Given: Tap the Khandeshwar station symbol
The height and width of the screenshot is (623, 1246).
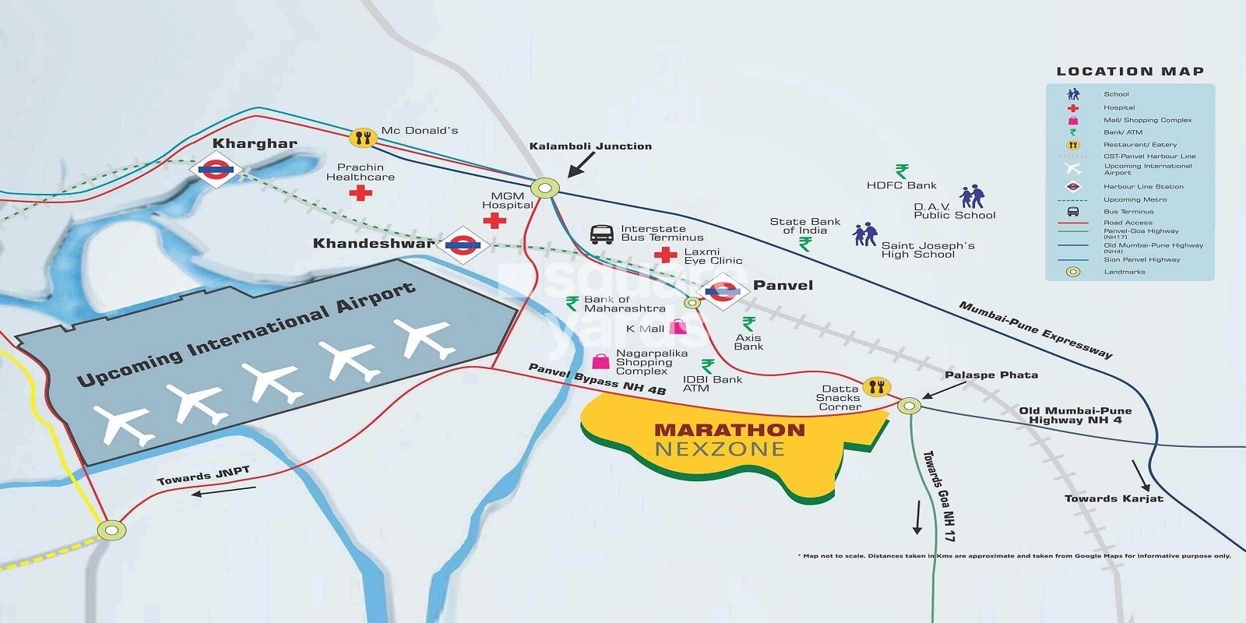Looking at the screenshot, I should [x=463, y=246].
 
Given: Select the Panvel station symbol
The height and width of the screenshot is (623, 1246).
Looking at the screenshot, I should [x=722, y=292].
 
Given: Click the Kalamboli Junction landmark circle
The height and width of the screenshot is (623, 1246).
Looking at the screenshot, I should [x=545, y=188].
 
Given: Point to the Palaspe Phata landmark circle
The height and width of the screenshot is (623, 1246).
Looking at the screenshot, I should [x=909, y=406].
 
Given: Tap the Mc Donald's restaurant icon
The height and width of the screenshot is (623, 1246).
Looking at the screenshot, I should [x=362, y=139].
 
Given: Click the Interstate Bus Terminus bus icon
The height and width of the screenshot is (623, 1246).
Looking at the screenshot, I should [x=602, y=234].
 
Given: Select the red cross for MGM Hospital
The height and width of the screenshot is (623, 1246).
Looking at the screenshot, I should [x=495, y=220].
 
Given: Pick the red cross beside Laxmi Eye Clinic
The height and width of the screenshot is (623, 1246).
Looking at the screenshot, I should [x=665, y=255].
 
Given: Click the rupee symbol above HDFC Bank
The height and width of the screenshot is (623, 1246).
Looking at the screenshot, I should [x=902, y=171].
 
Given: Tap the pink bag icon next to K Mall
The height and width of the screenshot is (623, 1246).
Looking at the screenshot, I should [x=678, y=327].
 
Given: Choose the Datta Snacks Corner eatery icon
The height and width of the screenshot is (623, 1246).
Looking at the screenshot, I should [x=877, y=387].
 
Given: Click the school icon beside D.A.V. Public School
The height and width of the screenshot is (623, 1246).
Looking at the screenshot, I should [x=972, y=197].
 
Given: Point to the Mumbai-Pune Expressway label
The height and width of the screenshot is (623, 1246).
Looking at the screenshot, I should [x=1035, y=330].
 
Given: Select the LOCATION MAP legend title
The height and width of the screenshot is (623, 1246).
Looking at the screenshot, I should [x=1130, y=72].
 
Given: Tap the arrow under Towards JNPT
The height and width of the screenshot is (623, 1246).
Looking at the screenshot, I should [x=224, y=491].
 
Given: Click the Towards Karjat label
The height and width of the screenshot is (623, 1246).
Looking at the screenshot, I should [x=1114, y=498].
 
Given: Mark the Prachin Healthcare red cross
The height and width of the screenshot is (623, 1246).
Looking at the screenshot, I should [x=360, y=192].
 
